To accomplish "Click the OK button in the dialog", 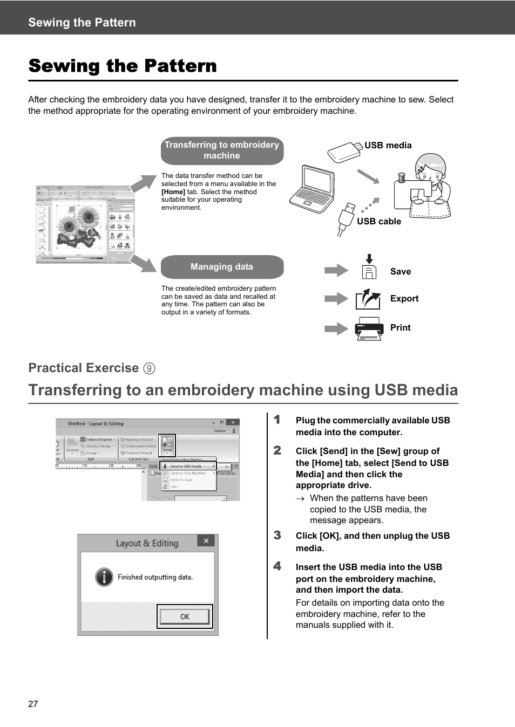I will [185, 616].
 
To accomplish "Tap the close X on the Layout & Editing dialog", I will [206, 540].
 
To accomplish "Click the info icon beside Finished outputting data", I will [104, 577].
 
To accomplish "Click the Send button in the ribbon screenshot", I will [167, 444].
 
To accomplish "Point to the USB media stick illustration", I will [344, 152].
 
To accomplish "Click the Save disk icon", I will [369, 268].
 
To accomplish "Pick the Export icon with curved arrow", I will [368, 298].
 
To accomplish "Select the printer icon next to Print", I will [369, 328].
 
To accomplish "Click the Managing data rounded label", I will [222, 267].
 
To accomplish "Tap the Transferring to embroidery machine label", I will [222, 150].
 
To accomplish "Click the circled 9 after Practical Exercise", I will [149, 368].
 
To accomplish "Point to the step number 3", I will [277, 535].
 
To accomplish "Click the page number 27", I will [33, 704].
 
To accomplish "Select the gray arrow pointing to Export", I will [336, 298].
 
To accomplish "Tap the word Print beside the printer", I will [400, 327].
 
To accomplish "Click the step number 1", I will [277, 420].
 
